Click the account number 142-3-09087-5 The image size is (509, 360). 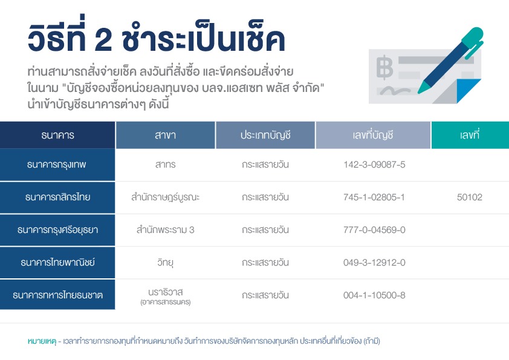374,165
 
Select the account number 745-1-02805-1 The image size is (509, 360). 374,197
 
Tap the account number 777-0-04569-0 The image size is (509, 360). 374,230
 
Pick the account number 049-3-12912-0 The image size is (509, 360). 374,263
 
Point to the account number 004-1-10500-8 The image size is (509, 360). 374,295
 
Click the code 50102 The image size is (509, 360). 469,197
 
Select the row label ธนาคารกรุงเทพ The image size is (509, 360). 56,165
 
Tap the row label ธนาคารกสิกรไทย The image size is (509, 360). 57,197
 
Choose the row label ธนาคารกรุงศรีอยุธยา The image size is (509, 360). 57,230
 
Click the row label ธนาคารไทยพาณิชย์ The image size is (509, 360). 57,262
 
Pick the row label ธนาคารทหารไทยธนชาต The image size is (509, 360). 57,295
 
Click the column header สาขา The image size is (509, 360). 165,135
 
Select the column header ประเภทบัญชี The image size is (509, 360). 265,135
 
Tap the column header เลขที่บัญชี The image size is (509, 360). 373,135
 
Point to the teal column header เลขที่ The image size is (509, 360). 469,134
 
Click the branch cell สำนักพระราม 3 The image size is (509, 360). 165,230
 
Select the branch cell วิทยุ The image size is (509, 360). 165,262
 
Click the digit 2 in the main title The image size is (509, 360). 103,41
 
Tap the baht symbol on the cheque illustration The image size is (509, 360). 384,67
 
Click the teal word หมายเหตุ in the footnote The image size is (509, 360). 42,341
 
